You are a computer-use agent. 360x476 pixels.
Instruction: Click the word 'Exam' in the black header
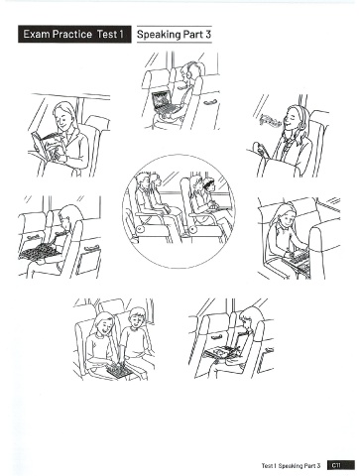coord(36,34)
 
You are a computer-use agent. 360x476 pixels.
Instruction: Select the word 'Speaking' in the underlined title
coord(159,35)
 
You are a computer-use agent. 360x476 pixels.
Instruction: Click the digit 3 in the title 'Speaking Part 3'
coord(207,34)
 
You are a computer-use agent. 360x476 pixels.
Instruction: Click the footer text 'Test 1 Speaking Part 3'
coord(291,466)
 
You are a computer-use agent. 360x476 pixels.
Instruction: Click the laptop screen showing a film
coord(161,100)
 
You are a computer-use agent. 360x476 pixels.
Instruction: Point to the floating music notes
coord(271,120)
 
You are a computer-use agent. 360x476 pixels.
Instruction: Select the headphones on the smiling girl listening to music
coord(300,120)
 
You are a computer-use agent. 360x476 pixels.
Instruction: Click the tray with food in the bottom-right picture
coord(221,351)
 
